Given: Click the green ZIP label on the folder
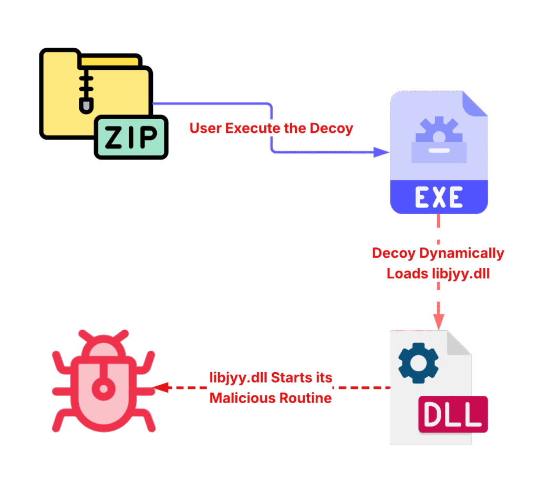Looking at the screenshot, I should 131,138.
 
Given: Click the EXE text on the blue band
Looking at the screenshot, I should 439,197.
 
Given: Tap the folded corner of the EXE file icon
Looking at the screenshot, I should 475,104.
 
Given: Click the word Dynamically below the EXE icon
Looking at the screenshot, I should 461,254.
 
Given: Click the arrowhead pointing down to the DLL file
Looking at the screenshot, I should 438,321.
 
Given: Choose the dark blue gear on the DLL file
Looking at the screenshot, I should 418,362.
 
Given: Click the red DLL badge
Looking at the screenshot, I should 453,414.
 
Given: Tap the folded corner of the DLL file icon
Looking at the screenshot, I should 458,343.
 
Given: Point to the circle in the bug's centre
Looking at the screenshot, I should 104,389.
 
